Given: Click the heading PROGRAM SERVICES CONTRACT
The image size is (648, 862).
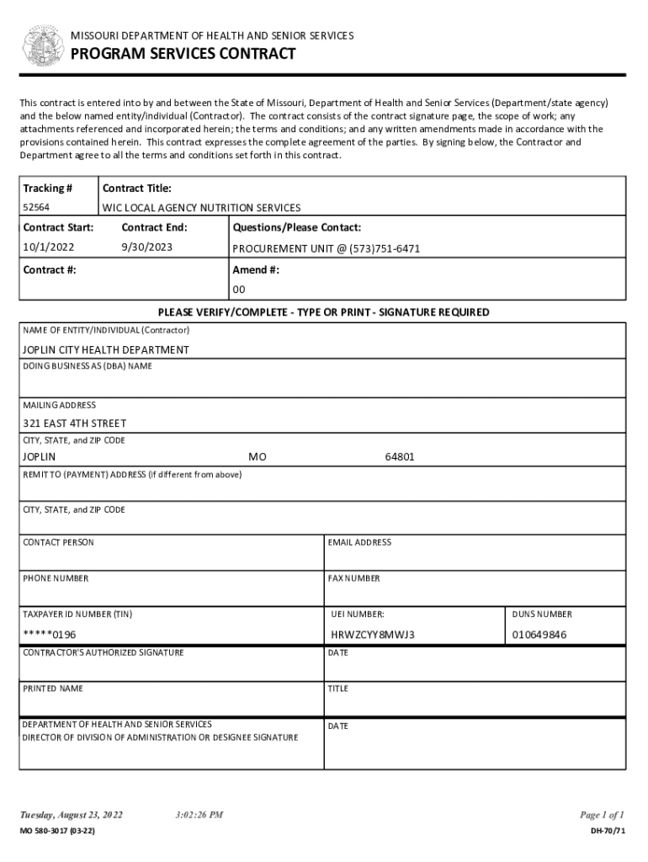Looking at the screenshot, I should coord(183,55).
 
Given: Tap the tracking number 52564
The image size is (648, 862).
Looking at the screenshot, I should coord(35,207).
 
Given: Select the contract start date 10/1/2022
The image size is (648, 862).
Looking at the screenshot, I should coord(49,248).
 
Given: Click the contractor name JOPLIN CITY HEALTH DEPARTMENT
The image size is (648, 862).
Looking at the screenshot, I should coord(105,349).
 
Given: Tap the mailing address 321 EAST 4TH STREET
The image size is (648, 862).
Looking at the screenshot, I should coord(74,423).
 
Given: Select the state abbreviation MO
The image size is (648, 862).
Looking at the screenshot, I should coord(257,457).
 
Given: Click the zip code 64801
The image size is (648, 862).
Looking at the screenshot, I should coord(400,457).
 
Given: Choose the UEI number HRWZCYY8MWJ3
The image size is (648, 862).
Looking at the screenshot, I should coord(373,634).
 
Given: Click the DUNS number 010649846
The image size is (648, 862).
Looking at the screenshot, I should coord(539,634).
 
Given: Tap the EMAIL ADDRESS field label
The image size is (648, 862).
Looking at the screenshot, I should coord(359,543).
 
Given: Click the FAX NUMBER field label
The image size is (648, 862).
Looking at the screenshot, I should coord(354,578).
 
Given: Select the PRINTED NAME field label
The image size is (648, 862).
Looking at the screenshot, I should coord(53,689).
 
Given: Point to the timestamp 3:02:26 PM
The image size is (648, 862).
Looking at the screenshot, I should coord(199,815).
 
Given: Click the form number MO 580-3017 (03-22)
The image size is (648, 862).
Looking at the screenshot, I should coord(57,832).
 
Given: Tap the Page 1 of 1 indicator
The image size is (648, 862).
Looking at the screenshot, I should coord(601,815).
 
